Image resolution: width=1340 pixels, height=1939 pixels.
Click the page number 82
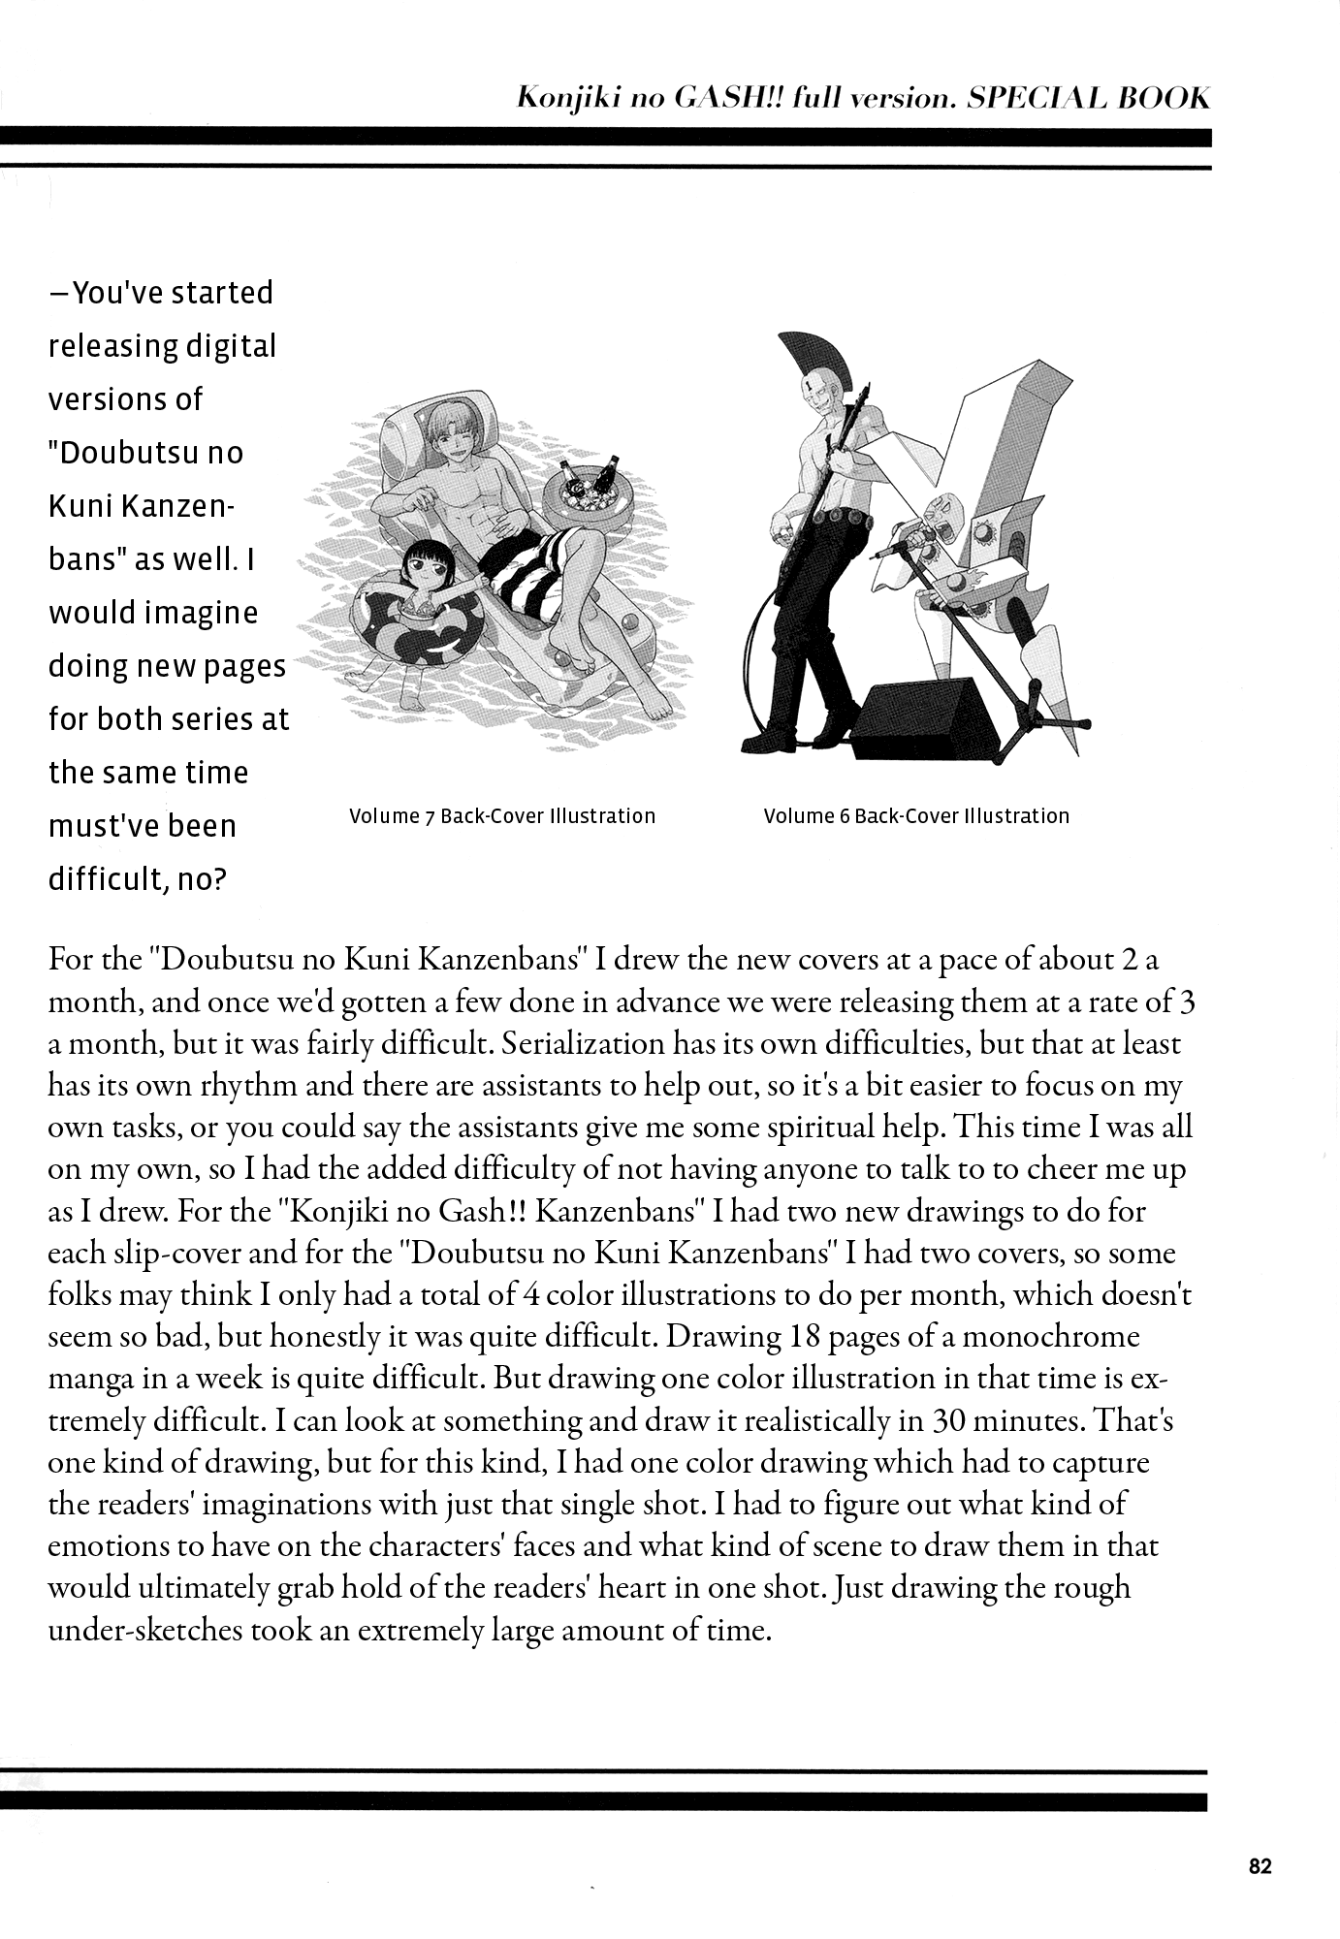point(1260,1866)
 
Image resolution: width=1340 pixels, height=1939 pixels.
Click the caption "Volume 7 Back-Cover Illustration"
point(502,816)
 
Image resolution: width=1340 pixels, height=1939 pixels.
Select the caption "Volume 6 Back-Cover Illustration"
point(916,816)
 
